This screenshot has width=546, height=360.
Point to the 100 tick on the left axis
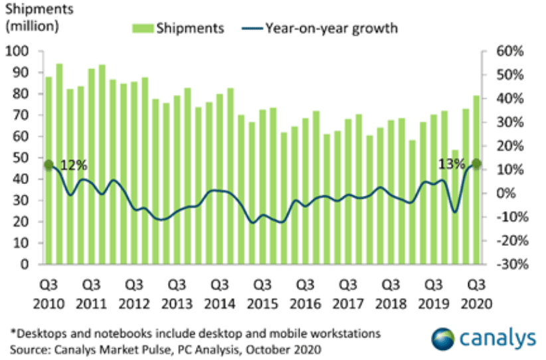[17, 51]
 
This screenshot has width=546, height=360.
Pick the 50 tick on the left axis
[21, 158]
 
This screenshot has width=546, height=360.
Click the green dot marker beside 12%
[48, 165]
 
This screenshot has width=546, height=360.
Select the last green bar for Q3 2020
[476, 179]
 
